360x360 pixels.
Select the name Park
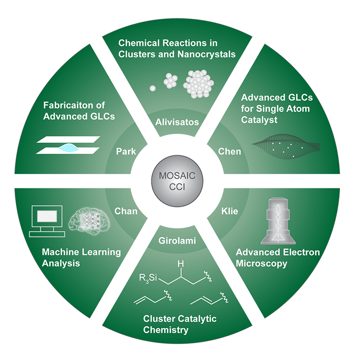(126, 151)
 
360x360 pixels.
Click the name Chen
(230, 151)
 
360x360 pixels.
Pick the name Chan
(126, 211)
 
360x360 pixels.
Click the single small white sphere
(152, 87)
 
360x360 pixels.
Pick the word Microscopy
(261, 263)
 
